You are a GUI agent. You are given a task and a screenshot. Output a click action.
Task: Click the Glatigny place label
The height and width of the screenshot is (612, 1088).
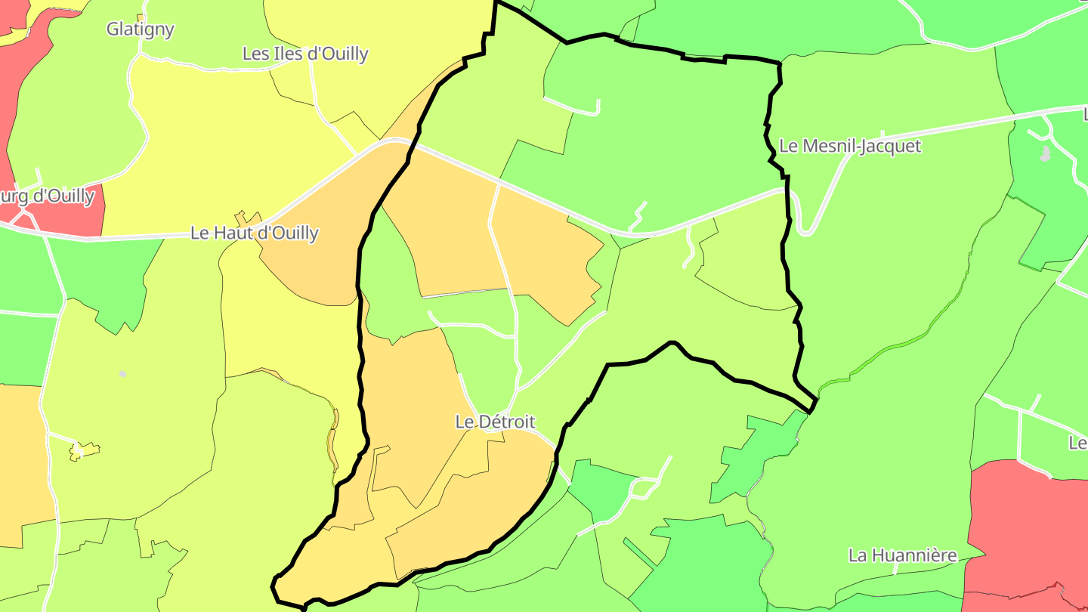coord(141,29)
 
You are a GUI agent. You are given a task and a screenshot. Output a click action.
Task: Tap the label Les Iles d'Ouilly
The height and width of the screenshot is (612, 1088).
coord(305,54)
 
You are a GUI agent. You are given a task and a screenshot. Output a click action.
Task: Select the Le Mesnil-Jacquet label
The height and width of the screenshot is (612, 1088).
coord(850,146)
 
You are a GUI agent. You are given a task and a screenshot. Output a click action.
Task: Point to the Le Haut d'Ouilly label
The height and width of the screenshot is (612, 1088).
coord(255,233)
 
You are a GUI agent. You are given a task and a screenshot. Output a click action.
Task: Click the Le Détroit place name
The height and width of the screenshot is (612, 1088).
coord(495,422)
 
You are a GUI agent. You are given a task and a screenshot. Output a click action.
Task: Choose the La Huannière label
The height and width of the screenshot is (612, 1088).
coord(903,555)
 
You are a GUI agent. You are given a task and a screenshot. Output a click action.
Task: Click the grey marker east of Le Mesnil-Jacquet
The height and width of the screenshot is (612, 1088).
coord(1046,154)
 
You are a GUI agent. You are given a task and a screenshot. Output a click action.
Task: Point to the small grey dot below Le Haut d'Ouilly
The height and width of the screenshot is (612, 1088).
coord(123,374)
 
